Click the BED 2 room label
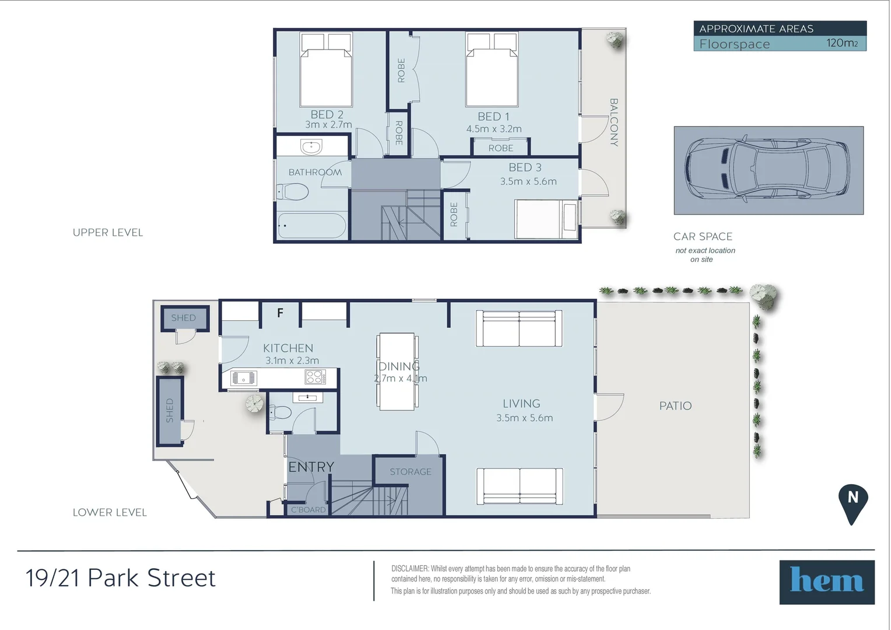point(327,115)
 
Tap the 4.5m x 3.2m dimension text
point(494,129)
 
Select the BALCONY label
point(613,122)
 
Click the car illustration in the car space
point(768,170)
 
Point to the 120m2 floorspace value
point(841,43)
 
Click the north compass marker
point(853,501)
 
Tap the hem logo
point(826,582)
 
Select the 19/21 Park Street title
point(121,578)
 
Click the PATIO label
point(675,406)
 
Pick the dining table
point(397,372)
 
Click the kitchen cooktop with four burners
point(315,377)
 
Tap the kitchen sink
point(243,379)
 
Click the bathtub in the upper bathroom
point(311,226)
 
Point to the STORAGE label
point(411,472)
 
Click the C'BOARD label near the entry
point(308,510)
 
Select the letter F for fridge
point(280,313)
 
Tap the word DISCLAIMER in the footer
point(409,569)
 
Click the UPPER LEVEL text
point(108,233)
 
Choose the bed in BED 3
point(546,219)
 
